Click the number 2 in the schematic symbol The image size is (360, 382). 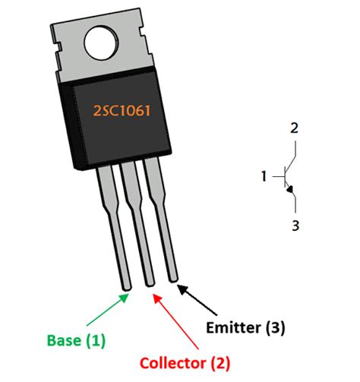point(294,128)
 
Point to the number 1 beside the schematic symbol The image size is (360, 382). point(264,177)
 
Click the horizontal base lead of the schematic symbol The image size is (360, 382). point(278,177)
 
